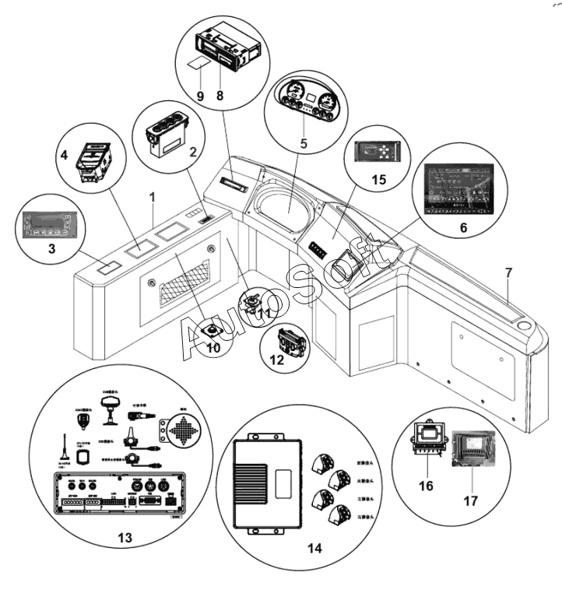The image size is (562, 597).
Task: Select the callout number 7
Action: click(x=508, y=273)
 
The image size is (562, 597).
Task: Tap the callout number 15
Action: click(x=379, y=179)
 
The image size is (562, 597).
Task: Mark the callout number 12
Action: click(x=276, y=360)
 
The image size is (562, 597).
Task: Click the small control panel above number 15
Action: click(x=378, y=150)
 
